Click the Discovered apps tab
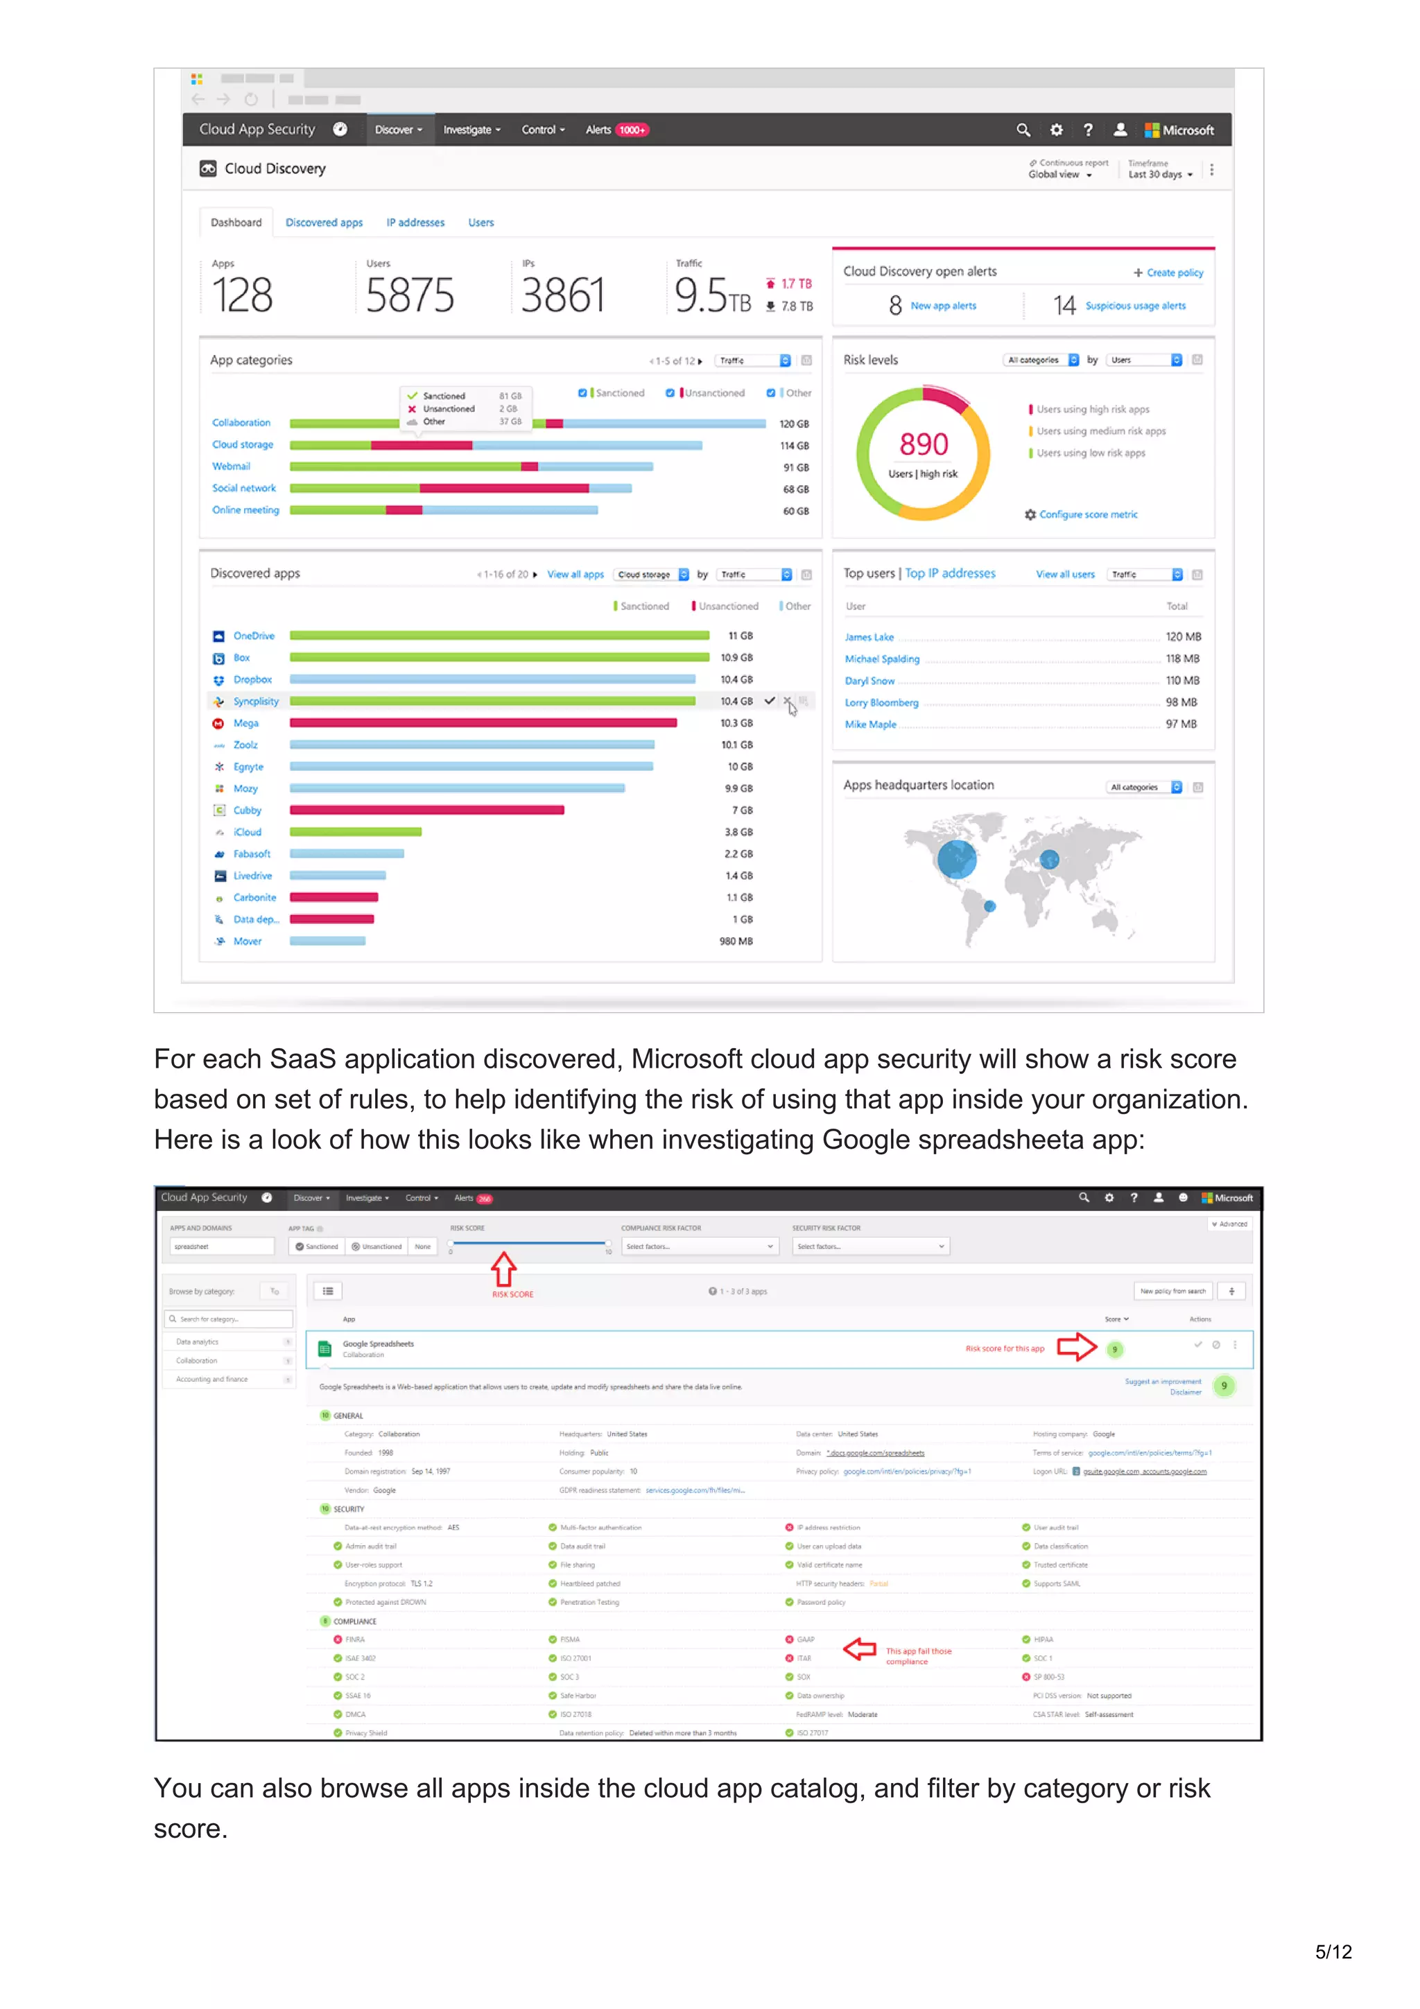pos(324,223)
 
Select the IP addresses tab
pos(415,223)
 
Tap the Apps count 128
pos(243,295)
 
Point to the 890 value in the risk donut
pos(923,444)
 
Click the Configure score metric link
pos(1087,514)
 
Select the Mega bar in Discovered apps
pos(483,723)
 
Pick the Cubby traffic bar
pos(426,810)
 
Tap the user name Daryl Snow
pos(869,681)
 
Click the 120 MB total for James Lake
pos(1182,637)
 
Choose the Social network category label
pos(243,488)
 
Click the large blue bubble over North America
pos(956,858)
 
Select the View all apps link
pos(575,575)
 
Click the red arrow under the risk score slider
pos(503,1269)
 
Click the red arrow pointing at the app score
pos(1076,1347)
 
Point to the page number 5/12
pos(1333,1952)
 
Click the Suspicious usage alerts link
pos(1135,306)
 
